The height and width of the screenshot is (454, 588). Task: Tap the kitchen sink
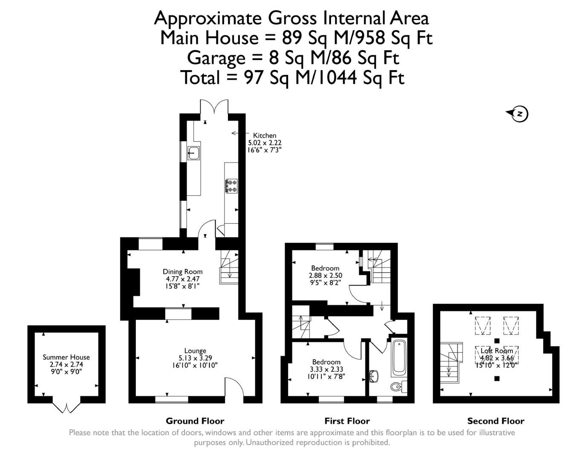[x=194, y=153]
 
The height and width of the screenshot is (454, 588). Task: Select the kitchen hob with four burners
[x=231, y=186]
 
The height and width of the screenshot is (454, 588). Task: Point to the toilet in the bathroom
[x=398, y=386]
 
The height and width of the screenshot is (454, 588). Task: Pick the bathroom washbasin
[x=374, y=376]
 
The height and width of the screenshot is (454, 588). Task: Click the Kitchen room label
[x=264, y=135]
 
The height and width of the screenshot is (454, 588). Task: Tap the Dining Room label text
[x=182, y=271]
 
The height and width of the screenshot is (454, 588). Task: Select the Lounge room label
[x=195, y=351]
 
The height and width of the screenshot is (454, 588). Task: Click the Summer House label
[x=66, y=357]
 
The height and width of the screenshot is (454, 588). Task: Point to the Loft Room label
[x=496, y=351]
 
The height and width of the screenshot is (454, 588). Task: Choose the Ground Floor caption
[x=195, y=421]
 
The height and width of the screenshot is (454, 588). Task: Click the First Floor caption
[x=347, y=421]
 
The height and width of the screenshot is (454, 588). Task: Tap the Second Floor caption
[x=496, y=421]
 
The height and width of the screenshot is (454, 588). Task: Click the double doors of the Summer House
[x=66, y=408]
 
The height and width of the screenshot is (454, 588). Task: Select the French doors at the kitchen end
[x=214, y=107]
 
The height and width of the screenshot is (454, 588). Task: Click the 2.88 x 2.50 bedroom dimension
[x=325, y=275]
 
